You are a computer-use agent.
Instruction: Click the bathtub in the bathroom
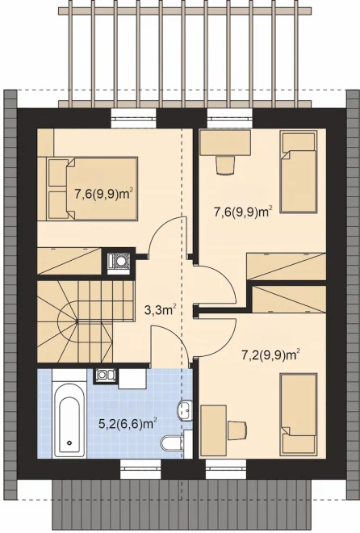pos(69,420)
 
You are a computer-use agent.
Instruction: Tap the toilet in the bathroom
pos(171,443)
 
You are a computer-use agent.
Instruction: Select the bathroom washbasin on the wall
pos(184,410)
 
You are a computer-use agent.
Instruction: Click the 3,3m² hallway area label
pos(161,310)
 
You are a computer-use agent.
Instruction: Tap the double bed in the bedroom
pos(92,188)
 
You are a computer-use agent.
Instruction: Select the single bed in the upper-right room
pos(299,172)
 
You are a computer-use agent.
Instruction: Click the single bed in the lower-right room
pos(299,413)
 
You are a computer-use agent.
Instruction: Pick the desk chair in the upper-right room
pos(225,165)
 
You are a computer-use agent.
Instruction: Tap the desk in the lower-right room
pos(214,430)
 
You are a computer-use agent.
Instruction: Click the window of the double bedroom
pos(134,119)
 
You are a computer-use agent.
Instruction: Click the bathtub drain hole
pos(69,443)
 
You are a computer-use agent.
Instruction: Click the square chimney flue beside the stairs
pos(119,261)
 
